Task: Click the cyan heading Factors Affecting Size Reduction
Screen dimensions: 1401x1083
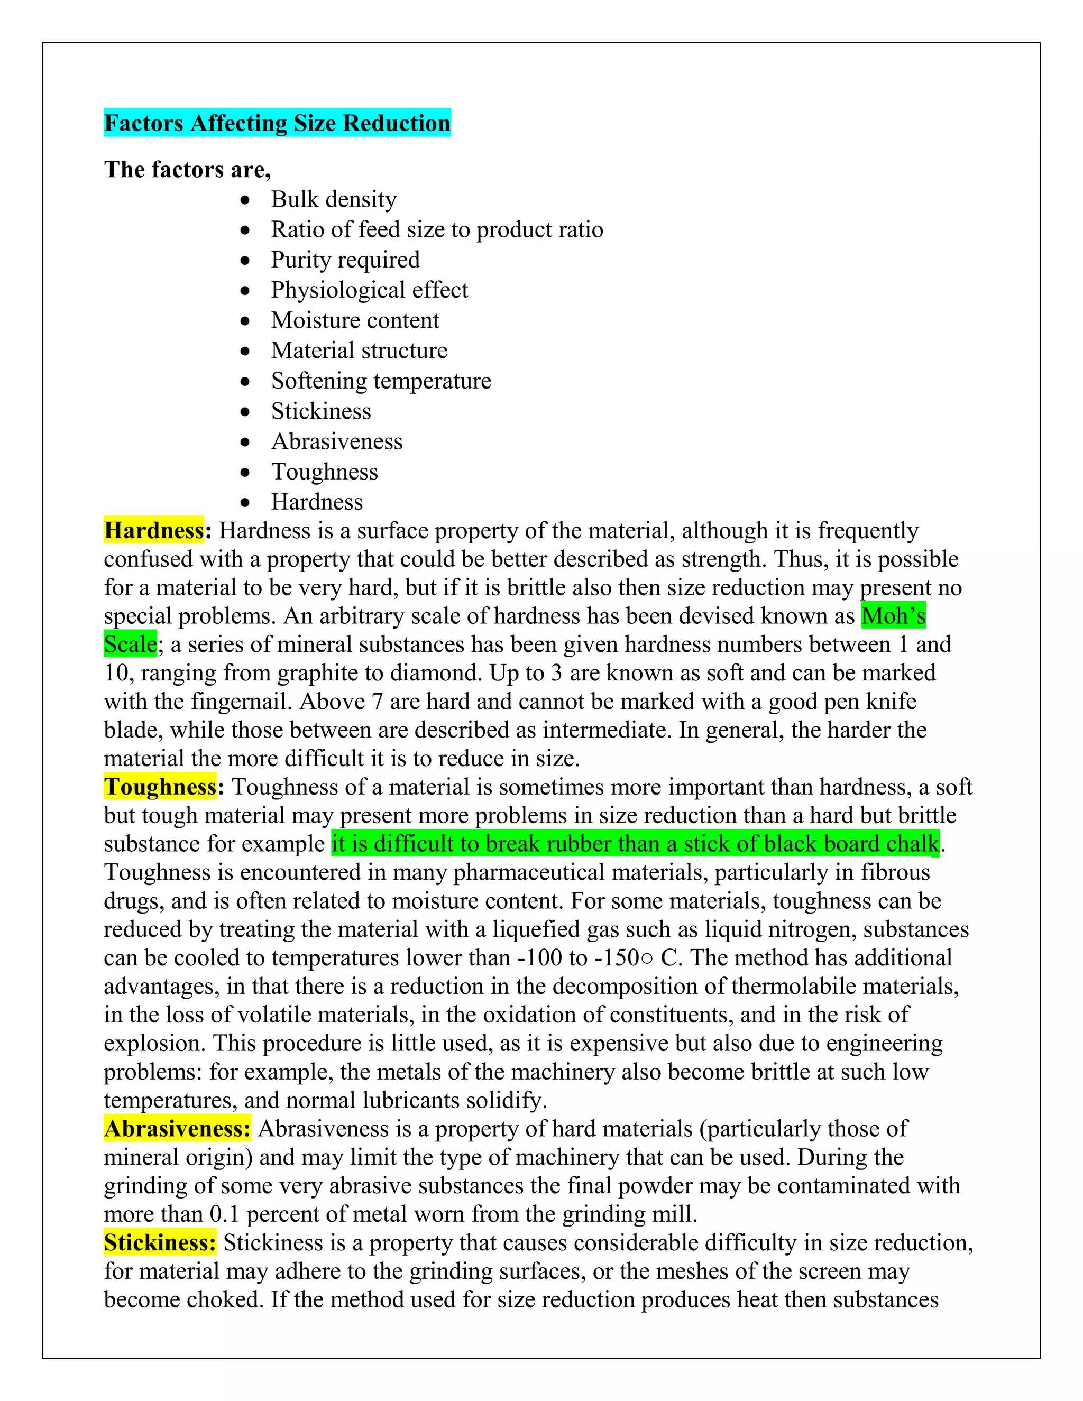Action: tap(277, 123)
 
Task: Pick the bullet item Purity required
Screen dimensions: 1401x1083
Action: tap(345, 260)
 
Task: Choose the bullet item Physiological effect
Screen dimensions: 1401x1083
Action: tap(370, 290)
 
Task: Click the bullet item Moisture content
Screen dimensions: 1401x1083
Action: tap(355, 320)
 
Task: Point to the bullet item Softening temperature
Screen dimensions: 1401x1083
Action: tap(381, 381)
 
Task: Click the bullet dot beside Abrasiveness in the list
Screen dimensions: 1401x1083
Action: tap(245, 442)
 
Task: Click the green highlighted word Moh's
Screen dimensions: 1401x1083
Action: tap(893, 616)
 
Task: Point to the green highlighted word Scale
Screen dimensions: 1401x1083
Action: tap(130, 644)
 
